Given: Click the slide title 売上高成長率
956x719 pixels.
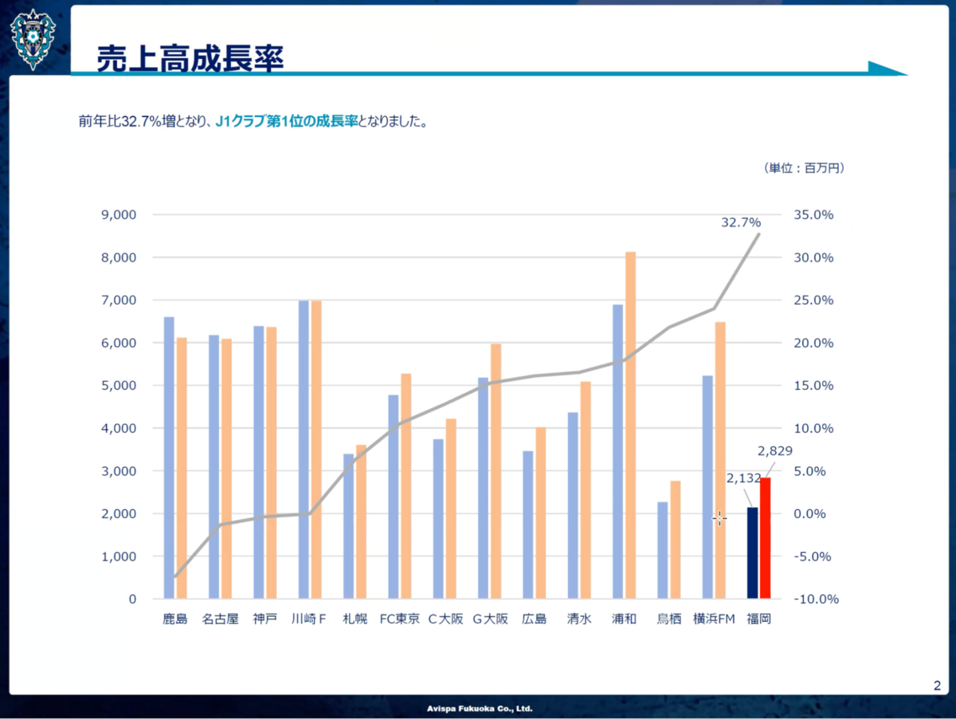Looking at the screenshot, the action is point(190,58).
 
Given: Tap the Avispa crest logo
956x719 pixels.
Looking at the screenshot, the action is point(33,40).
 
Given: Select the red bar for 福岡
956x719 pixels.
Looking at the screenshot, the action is point(766,538).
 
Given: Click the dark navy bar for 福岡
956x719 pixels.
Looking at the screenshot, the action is point(753,552).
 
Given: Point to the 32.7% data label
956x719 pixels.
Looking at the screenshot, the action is point(741,222).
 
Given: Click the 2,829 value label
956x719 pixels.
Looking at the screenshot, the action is point(775,450).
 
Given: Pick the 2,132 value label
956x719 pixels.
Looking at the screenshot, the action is point(743,478).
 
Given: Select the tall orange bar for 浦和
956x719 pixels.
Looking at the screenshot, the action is point(631,425).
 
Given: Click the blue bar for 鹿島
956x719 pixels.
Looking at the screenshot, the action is point(169,458).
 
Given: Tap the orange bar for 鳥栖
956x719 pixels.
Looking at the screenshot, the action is point(676,540).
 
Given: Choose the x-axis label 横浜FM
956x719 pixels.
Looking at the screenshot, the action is point(714,619).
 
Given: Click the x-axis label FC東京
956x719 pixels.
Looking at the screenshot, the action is point(399,619).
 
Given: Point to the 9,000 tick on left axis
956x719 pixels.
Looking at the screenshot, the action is point(119,214).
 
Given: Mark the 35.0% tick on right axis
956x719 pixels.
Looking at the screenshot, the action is point(813,214).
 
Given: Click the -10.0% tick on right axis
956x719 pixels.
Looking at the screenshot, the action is point(817,599).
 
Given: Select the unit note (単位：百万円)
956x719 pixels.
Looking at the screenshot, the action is point(804,167).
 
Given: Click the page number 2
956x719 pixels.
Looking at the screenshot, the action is point(937,686).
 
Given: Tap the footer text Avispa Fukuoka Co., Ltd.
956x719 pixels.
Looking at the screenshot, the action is point(480,709).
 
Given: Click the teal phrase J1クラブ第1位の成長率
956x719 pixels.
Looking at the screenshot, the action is point(287,120).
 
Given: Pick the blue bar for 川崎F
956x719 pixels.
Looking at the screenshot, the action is point(304,450).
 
